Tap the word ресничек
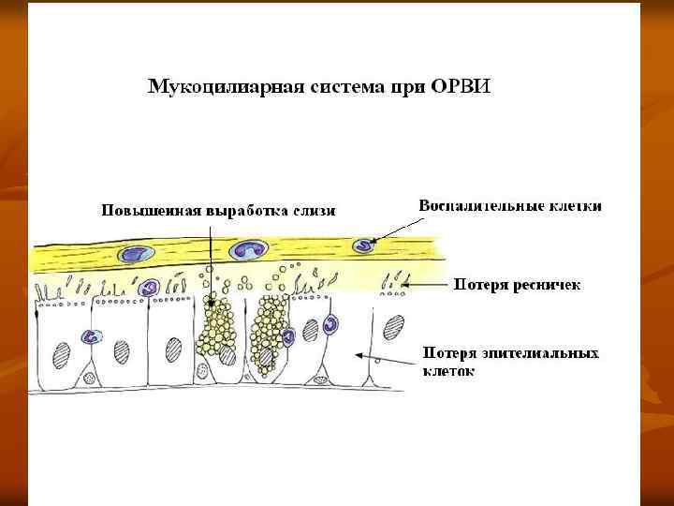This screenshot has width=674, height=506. coord(544,283)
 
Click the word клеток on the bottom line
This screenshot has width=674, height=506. coord(448,371)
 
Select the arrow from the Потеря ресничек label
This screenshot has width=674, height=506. coord(430,284)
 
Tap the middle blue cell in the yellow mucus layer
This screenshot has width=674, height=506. coord(250,249)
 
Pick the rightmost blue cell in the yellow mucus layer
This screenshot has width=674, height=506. coord(362,245)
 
